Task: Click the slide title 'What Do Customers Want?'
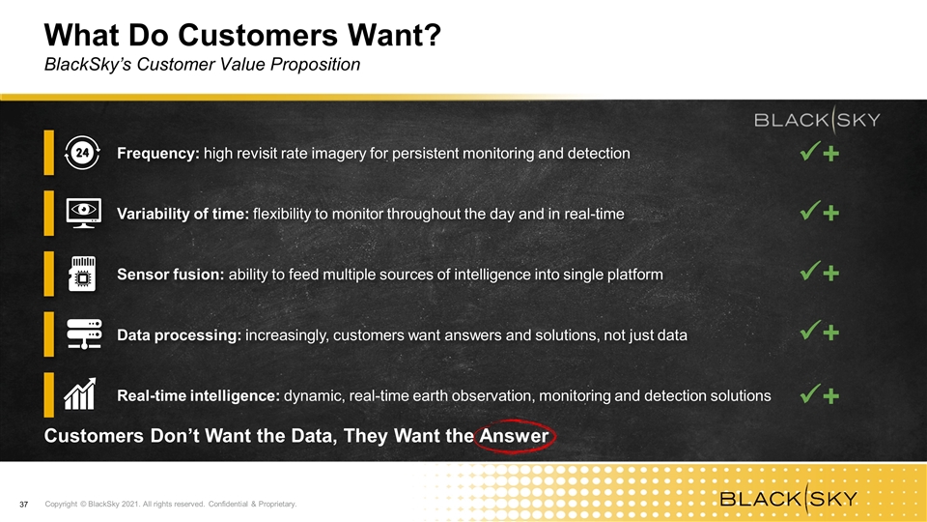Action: click(242, 36)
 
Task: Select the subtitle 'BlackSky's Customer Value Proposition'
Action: click(202, 65)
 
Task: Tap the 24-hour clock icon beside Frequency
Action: click(82, 153)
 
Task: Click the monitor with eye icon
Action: click(83, 213)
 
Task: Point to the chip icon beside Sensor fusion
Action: click(82, 274)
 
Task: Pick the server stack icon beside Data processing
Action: click(83, 334)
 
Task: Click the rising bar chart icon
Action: click(80, 394)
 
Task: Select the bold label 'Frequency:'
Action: click(158, 154)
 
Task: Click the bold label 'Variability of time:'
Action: click(183, 214)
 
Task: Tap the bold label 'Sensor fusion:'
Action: click(170, 275)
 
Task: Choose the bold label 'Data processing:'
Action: click(180, 335)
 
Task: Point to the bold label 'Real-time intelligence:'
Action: click(198, 395)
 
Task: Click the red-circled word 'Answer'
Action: click(514, 436)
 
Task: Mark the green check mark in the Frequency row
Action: click(810, 151)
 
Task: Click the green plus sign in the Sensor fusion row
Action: click(831, 274)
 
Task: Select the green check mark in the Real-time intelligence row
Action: click(810, 393)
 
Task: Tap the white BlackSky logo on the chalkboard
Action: click(817, 120)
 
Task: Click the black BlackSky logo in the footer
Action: click(789, 499)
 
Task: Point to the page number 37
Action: click(23, 505)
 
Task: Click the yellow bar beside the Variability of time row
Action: click(48, 213)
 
